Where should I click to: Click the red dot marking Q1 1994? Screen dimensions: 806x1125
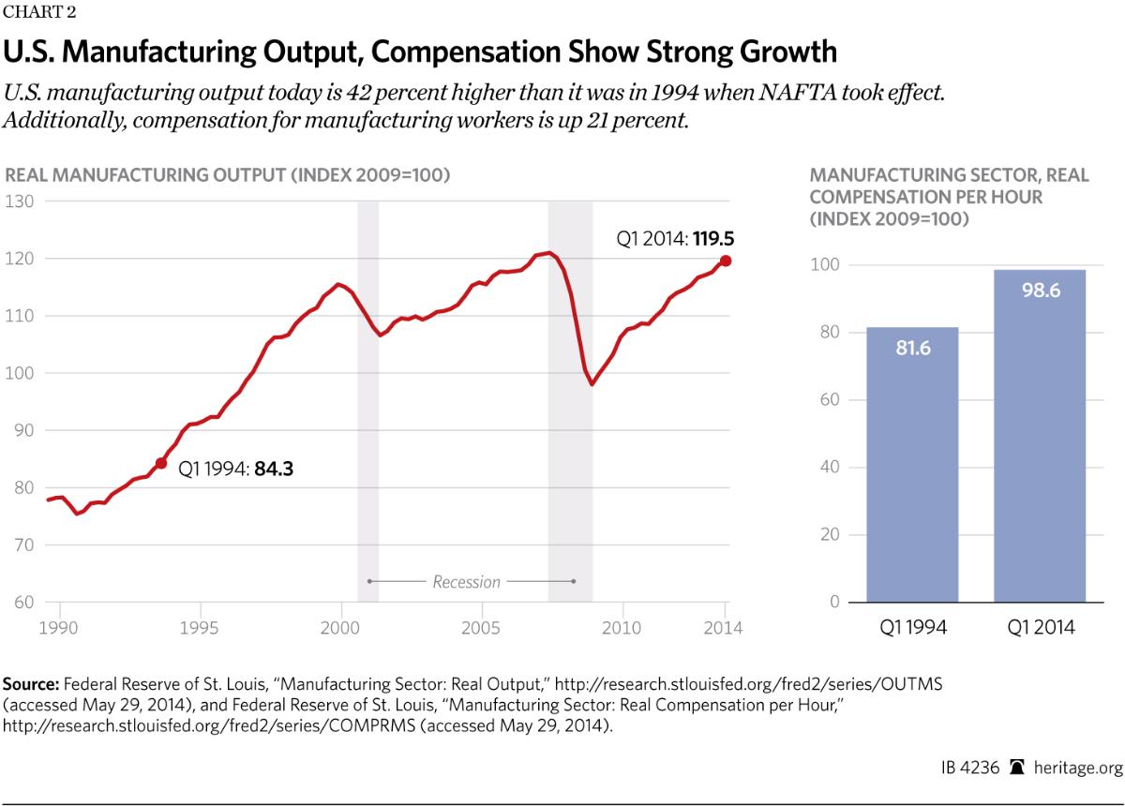point(160,463)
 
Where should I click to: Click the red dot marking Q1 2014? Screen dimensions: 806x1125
point(726,261)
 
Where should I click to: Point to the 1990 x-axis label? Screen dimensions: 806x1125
point(59,627)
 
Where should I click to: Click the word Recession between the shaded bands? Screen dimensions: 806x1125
point(466,582)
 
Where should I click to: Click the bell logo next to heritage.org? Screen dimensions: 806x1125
point(1016,766)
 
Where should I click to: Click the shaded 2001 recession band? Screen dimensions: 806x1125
point(367,394)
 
